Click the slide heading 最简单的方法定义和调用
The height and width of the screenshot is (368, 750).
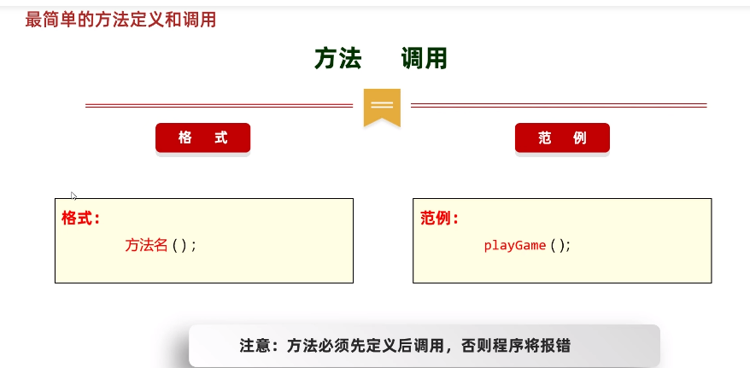tap(120, 20)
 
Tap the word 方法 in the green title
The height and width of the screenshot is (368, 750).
tap(337, 59)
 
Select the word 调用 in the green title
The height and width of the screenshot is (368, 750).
tap(425, 59)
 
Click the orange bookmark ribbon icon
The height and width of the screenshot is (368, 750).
tap(382, 107)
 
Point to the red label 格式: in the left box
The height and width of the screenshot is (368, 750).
tap(80, 218)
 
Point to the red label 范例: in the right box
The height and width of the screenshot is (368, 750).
tap(440, 218)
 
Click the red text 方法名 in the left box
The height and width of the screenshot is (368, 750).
tap(147, 245)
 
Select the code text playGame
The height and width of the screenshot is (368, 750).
tap(514, 245)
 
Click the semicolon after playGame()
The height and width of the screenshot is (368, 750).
tap(567, 246)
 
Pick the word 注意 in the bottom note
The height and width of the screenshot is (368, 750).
tap(255, 346)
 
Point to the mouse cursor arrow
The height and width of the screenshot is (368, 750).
tap(73, 196)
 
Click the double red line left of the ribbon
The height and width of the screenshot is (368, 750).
tap(219, 106)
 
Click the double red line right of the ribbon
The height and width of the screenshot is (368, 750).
tap(559, 106)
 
